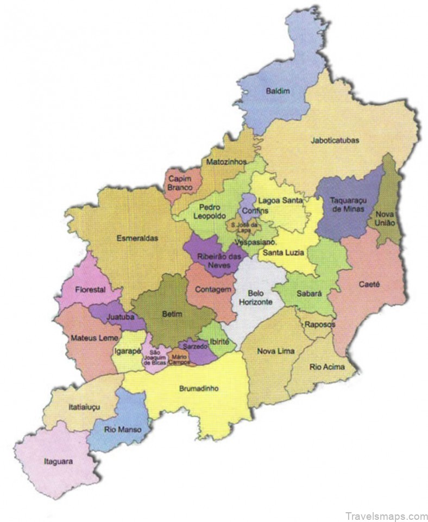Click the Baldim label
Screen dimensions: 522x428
click(277, 91)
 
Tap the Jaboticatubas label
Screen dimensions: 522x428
click(335, 140)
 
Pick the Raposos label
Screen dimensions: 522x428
click(319, 325)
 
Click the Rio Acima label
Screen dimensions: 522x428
click(327, 367)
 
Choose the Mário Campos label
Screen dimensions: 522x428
click(178, 359)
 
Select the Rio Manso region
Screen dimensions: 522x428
click(123, 429)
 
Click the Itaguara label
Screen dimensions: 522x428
click(58, 462)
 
